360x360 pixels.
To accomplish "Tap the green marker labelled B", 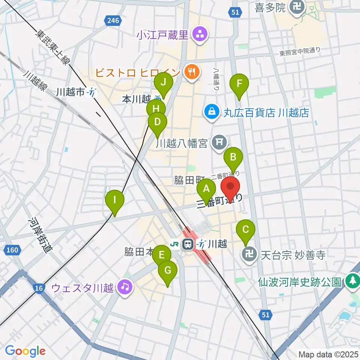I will [233, 158].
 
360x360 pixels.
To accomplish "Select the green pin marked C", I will [246, 230].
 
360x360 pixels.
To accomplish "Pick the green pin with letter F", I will [239, 85].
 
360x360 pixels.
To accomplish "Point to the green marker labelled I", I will [115, 201].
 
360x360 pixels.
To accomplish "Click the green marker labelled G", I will [168, 271].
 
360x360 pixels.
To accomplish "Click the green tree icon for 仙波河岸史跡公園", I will [352, 281].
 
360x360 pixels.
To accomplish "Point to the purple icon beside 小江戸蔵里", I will [199, 35].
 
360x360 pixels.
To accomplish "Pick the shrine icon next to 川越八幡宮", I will [219, 142].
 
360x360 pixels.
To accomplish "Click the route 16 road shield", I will [37, 288].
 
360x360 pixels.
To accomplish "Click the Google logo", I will [25, 351].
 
